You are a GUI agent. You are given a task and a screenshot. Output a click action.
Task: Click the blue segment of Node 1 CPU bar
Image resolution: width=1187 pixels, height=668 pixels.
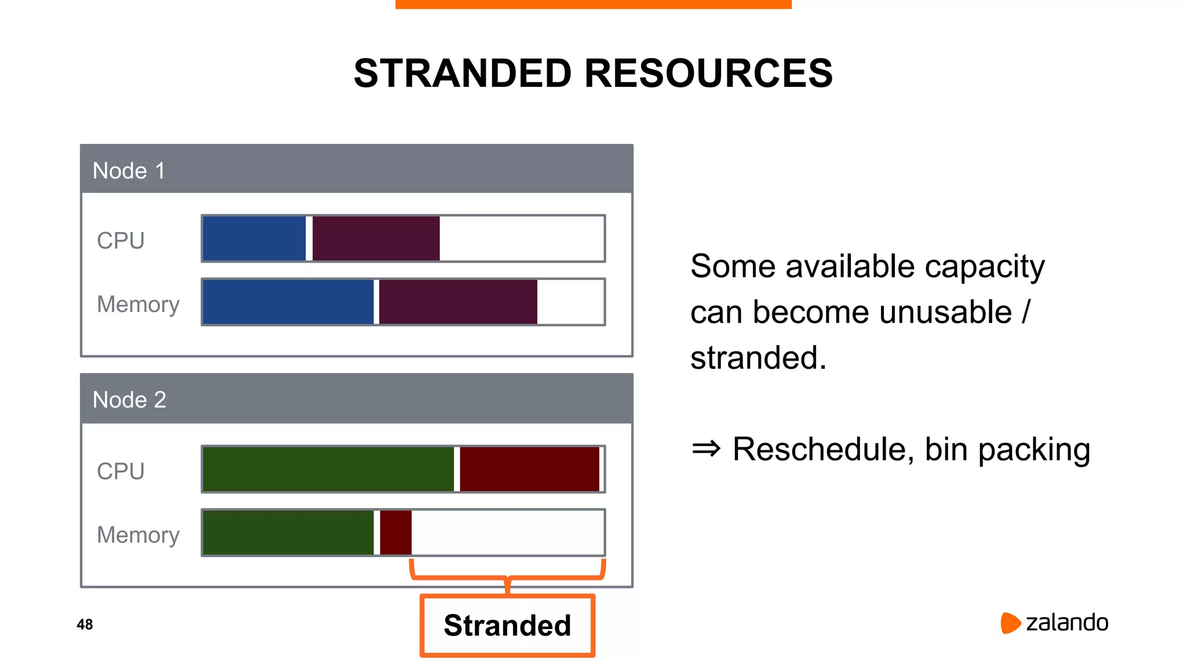tap(254, 238)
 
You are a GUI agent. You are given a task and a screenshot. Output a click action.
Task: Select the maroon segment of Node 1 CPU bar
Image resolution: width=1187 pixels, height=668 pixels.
tap(376, 238)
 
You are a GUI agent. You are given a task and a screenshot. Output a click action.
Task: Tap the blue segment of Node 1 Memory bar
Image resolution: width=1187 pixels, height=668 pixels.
tap(288, 302)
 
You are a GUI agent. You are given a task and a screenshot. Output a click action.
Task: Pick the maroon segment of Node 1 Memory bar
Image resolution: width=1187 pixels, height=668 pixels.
tap(458, 302)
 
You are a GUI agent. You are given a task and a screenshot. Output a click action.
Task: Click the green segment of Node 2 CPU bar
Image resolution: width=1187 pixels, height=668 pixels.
tap(328, 469)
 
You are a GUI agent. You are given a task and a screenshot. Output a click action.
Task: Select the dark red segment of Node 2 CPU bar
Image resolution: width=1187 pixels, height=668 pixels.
tap(529, 469)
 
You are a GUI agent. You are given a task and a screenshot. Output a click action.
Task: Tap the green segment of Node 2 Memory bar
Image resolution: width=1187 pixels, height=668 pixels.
tap(288, 532)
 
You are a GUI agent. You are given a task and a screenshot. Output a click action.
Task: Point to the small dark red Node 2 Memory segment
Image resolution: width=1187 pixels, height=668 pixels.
tap(396, 532)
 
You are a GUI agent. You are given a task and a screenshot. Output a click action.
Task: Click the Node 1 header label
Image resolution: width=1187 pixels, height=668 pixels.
tap(129, 171)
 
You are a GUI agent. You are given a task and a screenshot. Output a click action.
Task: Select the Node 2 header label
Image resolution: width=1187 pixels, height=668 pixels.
tap(129, 400)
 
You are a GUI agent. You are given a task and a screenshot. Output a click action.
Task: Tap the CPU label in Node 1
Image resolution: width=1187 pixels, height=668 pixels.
tap(121, 241)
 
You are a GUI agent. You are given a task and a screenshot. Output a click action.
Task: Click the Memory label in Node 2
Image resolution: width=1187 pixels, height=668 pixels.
tap(138, 535)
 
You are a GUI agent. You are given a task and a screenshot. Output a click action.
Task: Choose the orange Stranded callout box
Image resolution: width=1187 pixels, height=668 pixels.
tap(507, 626)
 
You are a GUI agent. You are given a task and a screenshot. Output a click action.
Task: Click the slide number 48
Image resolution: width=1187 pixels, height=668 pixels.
tap(85, 625)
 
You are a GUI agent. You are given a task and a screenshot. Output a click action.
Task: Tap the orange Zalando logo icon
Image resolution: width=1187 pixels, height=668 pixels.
tap(1010, 623)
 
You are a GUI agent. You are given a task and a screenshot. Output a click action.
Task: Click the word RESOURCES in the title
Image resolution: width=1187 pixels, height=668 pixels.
tap(708, 74)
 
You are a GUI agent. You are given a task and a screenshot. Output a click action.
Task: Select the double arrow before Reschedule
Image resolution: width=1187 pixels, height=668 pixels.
tap(706, 449)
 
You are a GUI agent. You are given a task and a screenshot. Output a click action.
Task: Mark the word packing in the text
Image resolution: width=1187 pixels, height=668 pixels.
tap(1034, 450)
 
